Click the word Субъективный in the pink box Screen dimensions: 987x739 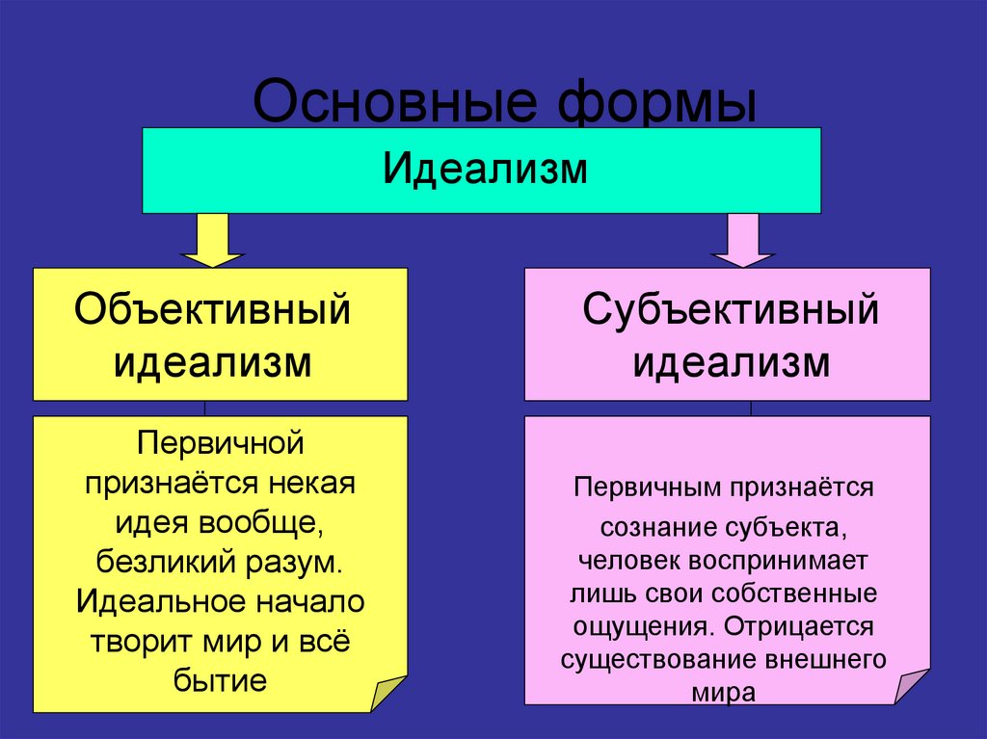[731, 310]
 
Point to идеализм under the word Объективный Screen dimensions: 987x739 [213, 364]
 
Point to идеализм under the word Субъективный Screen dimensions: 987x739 [731, 364]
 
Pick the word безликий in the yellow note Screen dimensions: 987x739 [149, 561]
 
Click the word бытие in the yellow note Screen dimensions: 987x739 [221, 681]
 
